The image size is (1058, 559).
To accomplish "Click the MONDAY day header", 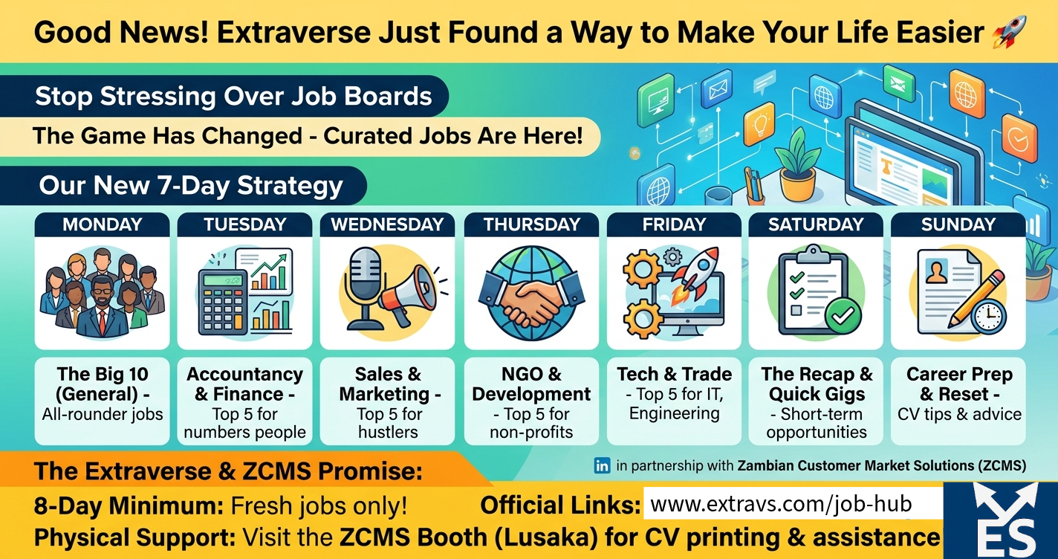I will click(x=102, y=224).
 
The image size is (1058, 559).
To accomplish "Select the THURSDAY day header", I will click(x=531, y=224).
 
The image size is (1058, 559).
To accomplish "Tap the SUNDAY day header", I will click(x=958, y=224).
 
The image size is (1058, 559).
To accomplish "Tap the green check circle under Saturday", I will click(x=843, y=317).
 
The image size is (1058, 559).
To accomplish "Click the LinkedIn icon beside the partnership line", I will click(x=602, y=466).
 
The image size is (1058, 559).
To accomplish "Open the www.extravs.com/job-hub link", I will click(x=780, y=505).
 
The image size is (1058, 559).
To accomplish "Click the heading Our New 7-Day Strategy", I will click(x=191, y=185).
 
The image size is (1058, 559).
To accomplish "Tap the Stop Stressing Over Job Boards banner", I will click(x=233, y=97).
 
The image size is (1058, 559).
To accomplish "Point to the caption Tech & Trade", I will click(x=674, y=374).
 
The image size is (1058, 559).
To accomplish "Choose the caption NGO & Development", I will click(x=531, y=384).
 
